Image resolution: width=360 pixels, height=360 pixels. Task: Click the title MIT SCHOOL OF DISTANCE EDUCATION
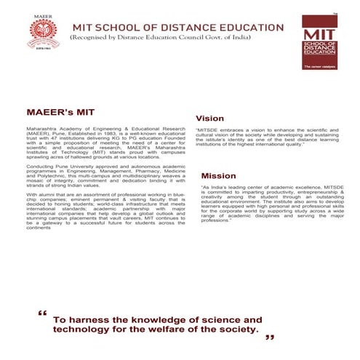pos(175,27)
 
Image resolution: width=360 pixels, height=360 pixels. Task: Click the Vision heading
pos(210,117)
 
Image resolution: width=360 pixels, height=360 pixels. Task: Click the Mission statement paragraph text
pos(270,205)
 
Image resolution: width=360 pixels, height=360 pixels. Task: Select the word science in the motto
pos(219,319)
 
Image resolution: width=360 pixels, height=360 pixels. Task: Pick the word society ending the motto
pos(238,329)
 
